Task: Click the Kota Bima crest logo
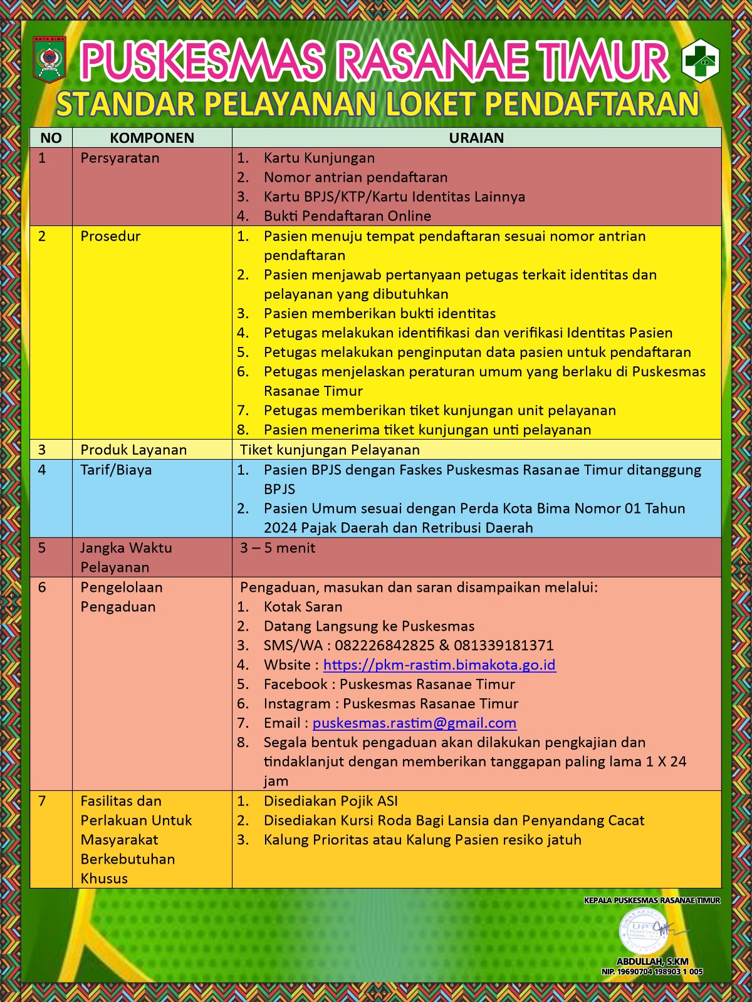click(50, 60)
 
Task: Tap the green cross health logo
click(700, 61)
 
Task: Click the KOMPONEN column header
click(152, 138)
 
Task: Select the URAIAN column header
click(476, 138)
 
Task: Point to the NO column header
click(51, 138)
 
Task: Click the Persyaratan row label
click(120, 158)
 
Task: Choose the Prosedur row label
click(110, 236)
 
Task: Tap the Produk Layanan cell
click(133, 450)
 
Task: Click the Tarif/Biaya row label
click(116, 470)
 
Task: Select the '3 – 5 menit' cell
click(278, 548)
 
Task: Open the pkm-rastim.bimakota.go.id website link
click(439, 664)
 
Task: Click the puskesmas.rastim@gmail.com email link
click(414, 723)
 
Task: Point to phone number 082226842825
click(384, 645)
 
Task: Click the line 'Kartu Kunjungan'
click(319, 158)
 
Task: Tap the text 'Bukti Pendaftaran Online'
click(347, 216)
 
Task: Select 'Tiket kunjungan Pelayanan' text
click(330, 450)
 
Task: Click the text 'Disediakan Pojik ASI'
click(330, 801)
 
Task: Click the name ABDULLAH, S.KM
click(652, 961)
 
